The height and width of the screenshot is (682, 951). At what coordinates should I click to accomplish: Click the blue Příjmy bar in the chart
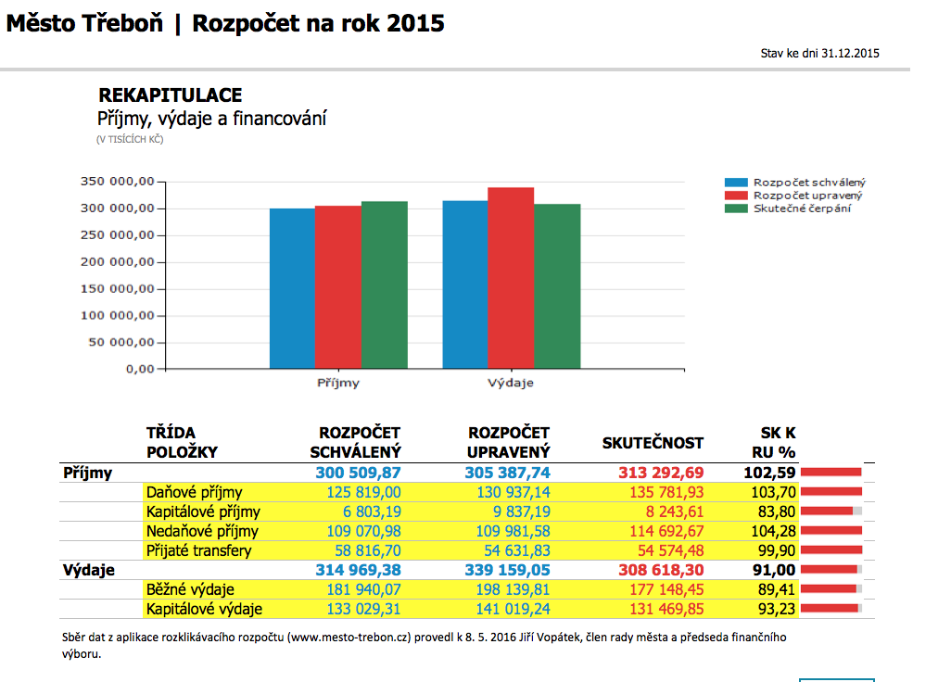292,288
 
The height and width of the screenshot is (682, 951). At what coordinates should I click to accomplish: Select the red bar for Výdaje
511,278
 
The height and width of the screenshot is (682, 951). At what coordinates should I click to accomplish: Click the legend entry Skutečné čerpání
801,208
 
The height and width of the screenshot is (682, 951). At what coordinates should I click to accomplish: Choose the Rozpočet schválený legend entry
808,183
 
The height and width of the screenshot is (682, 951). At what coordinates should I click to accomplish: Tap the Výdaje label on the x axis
511,382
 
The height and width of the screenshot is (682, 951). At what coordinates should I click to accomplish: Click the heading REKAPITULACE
171,95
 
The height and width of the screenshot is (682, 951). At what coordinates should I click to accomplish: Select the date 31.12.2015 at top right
850,53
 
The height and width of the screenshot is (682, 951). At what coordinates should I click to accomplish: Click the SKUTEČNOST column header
653,443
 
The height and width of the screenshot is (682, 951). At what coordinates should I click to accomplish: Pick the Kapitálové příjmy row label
203,511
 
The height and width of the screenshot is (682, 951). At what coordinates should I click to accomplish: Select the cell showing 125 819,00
364,492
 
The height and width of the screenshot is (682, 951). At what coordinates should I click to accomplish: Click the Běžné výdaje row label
190,589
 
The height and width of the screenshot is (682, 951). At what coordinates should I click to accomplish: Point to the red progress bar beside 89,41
829,589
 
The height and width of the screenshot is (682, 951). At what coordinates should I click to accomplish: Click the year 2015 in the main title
416,23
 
